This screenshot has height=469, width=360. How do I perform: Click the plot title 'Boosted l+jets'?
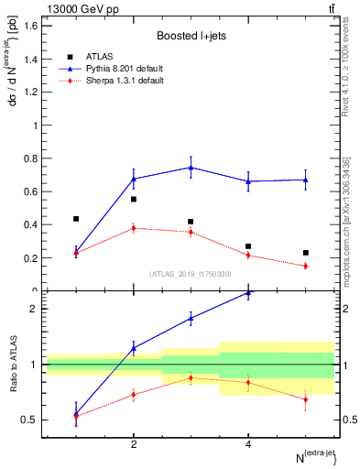coord(190,36)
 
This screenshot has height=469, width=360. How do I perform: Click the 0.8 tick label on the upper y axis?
coord(29,158)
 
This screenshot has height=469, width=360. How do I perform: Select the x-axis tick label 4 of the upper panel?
coord(248,300)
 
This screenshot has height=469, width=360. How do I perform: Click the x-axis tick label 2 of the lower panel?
coord(134,444)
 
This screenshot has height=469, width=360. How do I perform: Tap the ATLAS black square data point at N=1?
coord(76,219)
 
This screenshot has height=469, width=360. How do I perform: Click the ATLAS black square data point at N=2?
coord(134,199)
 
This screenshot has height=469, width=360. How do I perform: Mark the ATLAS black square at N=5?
coord(306,253)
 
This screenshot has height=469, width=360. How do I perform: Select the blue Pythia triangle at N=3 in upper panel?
coord(191,167)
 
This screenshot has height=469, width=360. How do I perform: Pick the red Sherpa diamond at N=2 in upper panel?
coord(134,228)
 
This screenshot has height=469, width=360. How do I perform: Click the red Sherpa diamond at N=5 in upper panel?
coord(306,266)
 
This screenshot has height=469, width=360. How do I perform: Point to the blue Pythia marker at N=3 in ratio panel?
coord(191,318)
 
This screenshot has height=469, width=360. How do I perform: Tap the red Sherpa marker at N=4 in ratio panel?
coord(248,382)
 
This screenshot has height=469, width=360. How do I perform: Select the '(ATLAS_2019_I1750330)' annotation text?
coord(191,274)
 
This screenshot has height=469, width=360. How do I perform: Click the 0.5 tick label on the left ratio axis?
coord(29,420)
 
